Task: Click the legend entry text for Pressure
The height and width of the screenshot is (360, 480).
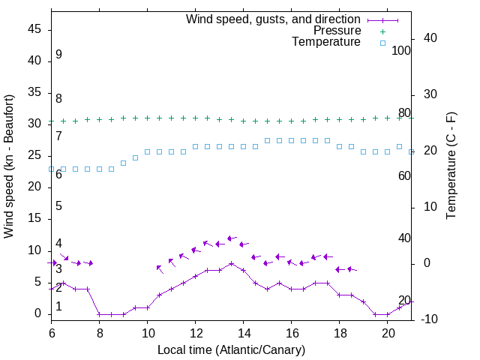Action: [337, 31]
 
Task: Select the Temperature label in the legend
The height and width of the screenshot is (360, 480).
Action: [326, 42]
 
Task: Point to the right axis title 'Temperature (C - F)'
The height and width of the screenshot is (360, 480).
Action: [451, 166]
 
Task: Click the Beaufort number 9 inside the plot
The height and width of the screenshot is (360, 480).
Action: [58, 55]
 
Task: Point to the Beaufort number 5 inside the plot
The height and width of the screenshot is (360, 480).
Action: [58, 206]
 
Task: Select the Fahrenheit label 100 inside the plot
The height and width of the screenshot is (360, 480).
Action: [401, 50]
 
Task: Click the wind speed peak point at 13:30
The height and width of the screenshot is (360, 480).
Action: [231, 263]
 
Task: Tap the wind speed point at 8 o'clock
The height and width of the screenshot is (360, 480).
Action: [99, 314]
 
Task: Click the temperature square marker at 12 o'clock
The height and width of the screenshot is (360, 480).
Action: [195, 146]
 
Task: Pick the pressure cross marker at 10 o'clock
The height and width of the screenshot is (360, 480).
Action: [147, 118]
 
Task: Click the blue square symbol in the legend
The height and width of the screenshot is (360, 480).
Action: [382, 43]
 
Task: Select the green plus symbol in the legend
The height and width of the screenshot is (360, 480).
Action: [382, 31]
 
